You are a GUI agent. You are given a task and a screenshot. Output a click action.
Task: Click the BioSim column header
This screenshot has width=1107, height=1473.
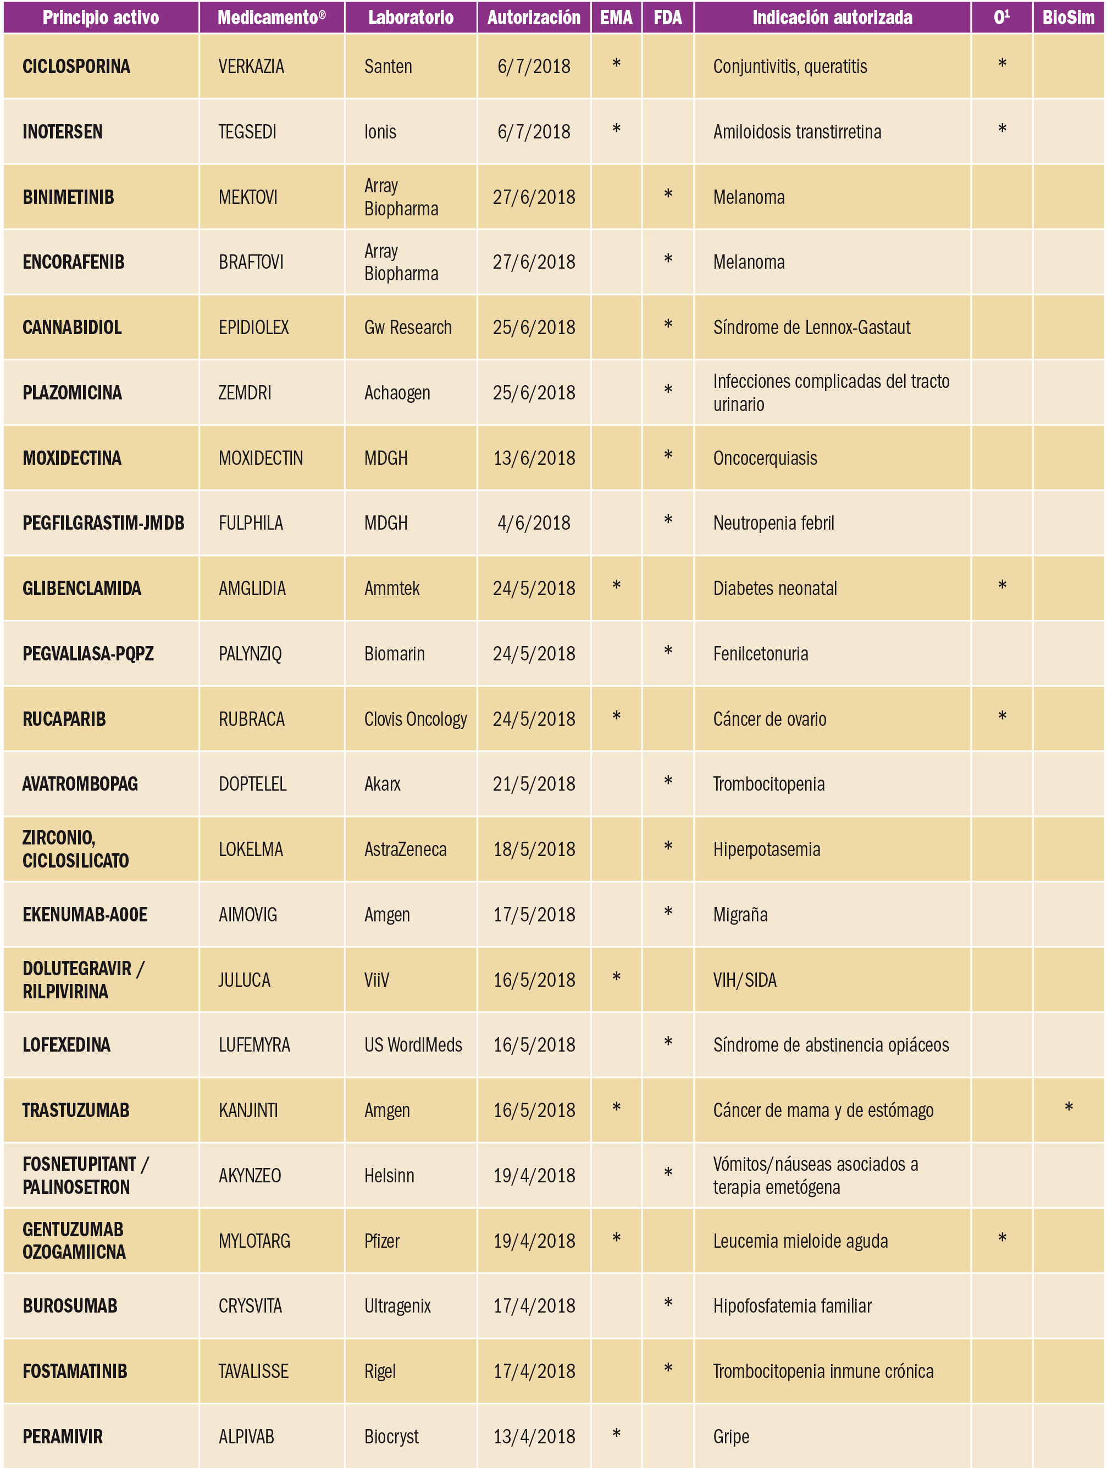pyautogui.click(x=1068, y=18)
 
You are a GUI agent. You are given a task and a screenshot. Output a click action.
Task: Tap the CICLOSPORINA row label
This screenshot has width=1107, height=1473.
pyautogui.click(x=76, y=66)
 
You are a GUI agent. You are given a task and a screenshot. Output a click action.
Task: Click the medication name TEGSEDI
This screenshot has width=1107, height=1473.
pyautogui.click(x=247, y=132)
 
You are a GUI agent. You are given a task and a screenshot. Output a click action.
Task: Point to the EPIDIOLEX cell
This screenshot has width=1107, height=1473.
pyautogui.click(x=254, y=327)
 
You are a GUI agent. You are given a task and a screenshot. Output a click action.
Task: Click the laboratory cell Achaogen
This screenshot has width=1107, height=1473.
pyautogui.click(x=397, y=393)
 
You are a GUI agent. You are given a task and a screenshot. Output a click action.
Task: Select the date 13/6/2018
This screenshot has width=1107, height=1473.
pyautogui.click(x=534, y=458)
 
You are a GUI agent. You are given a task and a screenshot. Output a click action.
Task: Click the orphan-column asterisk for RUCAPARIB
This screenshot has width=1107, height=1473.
pyautogui.click(x=1002, y=717)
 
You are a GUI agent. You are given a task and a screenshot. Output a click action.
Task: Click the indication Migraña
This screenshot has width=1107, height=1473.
pyautogui.click(x=740, y=915)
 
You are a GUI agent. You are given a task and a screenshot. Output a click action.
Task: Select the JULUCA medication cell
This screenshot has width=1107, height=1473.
pyautogui.click(x=245, y=980)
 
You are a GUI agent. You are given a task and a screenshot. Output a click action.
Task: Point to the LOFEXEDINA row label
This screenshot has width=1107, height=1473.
pyautogui.click(x=67, y=1045)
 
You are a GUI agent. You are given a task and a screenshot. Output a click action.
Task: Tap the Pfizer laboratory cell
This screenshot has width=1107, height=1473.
pyautogui.click(x=381, y=1241)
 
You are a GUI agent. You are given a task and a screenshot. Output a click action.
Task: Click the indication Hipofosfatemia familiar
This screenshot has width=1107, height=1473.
pyautogui.click(x=792, y=1306)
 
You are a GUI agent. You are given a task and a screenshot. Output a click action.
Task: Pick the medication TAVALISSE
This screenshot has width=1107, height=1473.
pyautogui.click(x=253, y=1371)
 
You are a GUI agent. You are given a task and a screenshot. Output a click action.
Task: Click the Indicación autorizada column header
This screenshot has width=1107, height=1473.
pyautogui.click(x=832, y=18)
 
